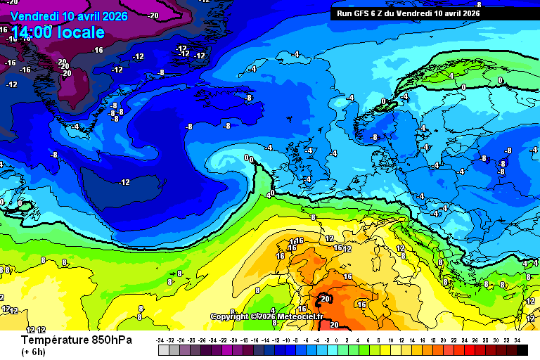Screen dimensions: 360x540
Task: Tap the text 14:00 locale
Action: tap(58, 32)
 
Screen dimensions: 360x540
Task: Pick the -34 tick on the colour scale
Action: tap(160, 340)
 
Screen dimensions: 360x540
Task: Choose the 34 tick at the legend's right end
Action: tap(517, 340)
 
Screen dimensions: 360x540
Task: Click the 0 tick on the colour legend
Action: tap(337, 340)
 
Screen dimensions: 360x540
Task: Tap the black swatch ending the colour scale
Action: tap(522, 349)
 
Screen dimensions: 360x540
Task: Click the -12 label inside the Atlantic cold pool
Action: tap(124, 183)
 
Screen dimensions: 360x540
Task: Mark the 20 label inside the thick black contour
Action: tap(325, 299)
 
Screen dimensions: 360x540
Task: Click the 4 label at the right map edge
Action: tap(525, 263)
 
